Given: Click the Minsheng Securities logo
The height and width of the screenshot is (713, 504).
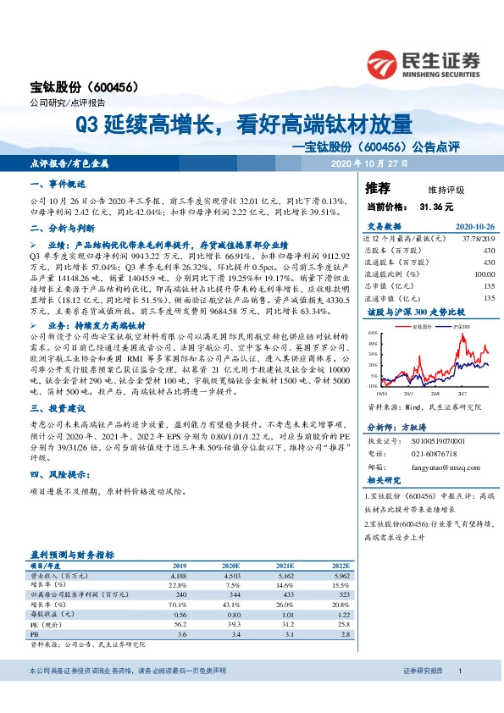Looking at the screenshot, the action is tap(424, 61).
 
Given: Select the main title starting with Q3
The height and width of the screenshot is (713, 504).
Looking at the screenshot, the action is tap(243, 125).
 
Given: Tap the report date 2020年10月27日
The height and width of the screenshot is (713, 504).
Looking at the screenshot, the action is tap(369, 163).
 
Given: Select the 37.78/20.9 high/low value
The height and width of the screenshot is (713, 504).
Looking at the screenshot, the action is tap(478, 239).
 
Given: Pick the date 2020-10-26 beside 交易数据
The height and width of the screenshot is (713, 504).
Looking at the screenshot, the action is tap(475, 227).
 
